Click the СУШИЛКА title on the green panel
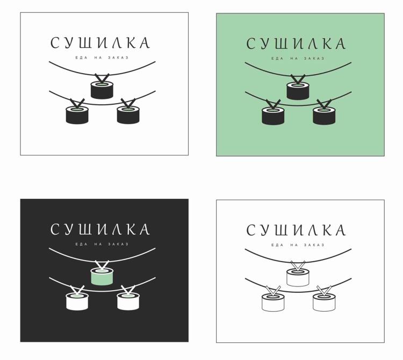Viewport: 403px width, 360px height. pos(296,44)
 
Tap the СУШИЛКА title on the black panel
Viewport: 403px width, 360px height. pos(100,229)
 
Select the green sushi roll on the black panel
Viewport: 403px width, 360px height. pos(102,277)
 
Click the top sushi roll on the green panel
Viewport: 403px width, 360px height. pos(298,91)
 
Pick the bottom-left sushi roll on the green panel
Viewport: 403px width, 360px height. pos(273,116)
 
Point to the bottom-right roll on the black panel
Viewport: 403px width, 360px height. pos(128,301)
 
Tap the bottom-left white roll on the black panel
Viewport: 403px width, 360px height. pos(77,301)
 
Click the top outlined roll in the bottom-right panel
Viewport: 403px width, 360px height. pos(298,277)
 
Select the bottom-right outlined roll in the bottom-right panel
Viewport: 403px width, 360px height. pos(324,302)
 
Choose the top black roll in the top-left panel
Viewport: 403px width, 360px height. pos(102,90)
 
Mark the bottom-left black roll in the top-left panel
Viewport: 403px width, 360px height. pos(77,115)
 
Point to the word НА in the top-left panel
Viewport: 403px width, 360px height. pos(98,57)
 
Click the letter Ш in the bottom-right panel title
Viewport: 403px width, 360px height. pos(280,230)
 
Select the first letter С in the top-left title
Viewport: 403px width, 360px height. pos(55,42)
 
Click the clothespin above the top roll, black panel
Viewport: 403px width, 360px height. pos(102,265)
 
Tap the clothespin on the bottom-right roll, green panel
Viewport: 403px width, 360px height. pos(324,104)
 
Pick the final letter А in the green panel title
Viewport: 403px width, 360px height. pos(340,44)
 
